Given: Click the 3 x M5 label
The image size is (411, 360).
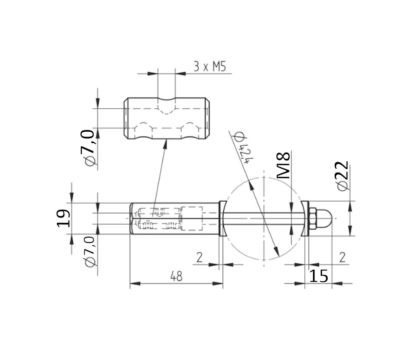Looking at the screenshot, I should pos(210,67).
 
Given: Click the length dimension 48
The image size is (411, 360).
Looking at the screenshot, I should pos(176,276).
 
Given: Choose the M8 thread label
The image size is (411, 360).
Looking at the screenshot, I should pos(284,165).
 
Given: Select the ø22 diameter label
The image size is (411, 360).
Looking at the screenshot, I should pos(342,175).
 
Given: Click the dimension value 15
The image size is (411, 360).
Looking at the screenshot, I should pos(319,276).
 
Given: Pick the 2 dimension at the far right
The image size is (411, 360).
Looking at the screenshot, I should pos(342,257).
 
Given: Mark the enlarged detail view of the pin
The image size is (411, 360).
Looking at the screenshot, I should pos(167,119).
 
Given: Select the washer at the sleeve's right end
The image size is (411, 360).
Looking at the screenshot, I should pos(222,218).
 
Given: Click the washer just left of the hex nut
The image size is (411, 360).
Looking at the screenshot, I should pos(306,218).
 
